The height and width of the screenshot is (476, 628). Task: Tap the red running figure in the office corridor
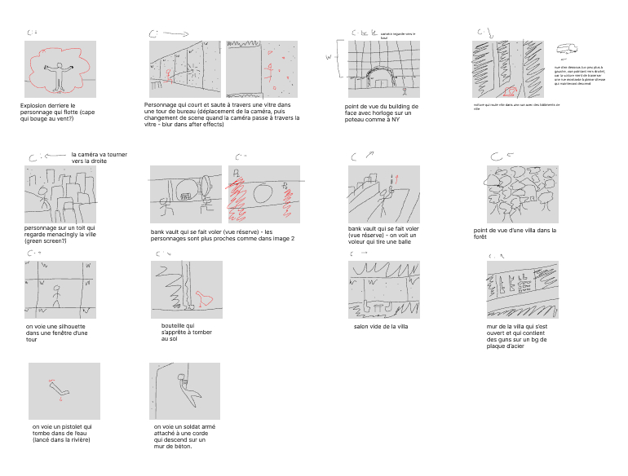[x=169, y=75]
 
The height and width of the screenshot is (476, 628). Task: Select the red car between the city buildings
[x=511, y=89]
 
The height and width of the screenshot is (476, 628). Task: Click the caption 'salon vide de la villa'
[x=380, y=327]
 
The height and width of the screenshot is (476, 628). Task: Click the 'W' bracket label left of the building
[x=329, y=58]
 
